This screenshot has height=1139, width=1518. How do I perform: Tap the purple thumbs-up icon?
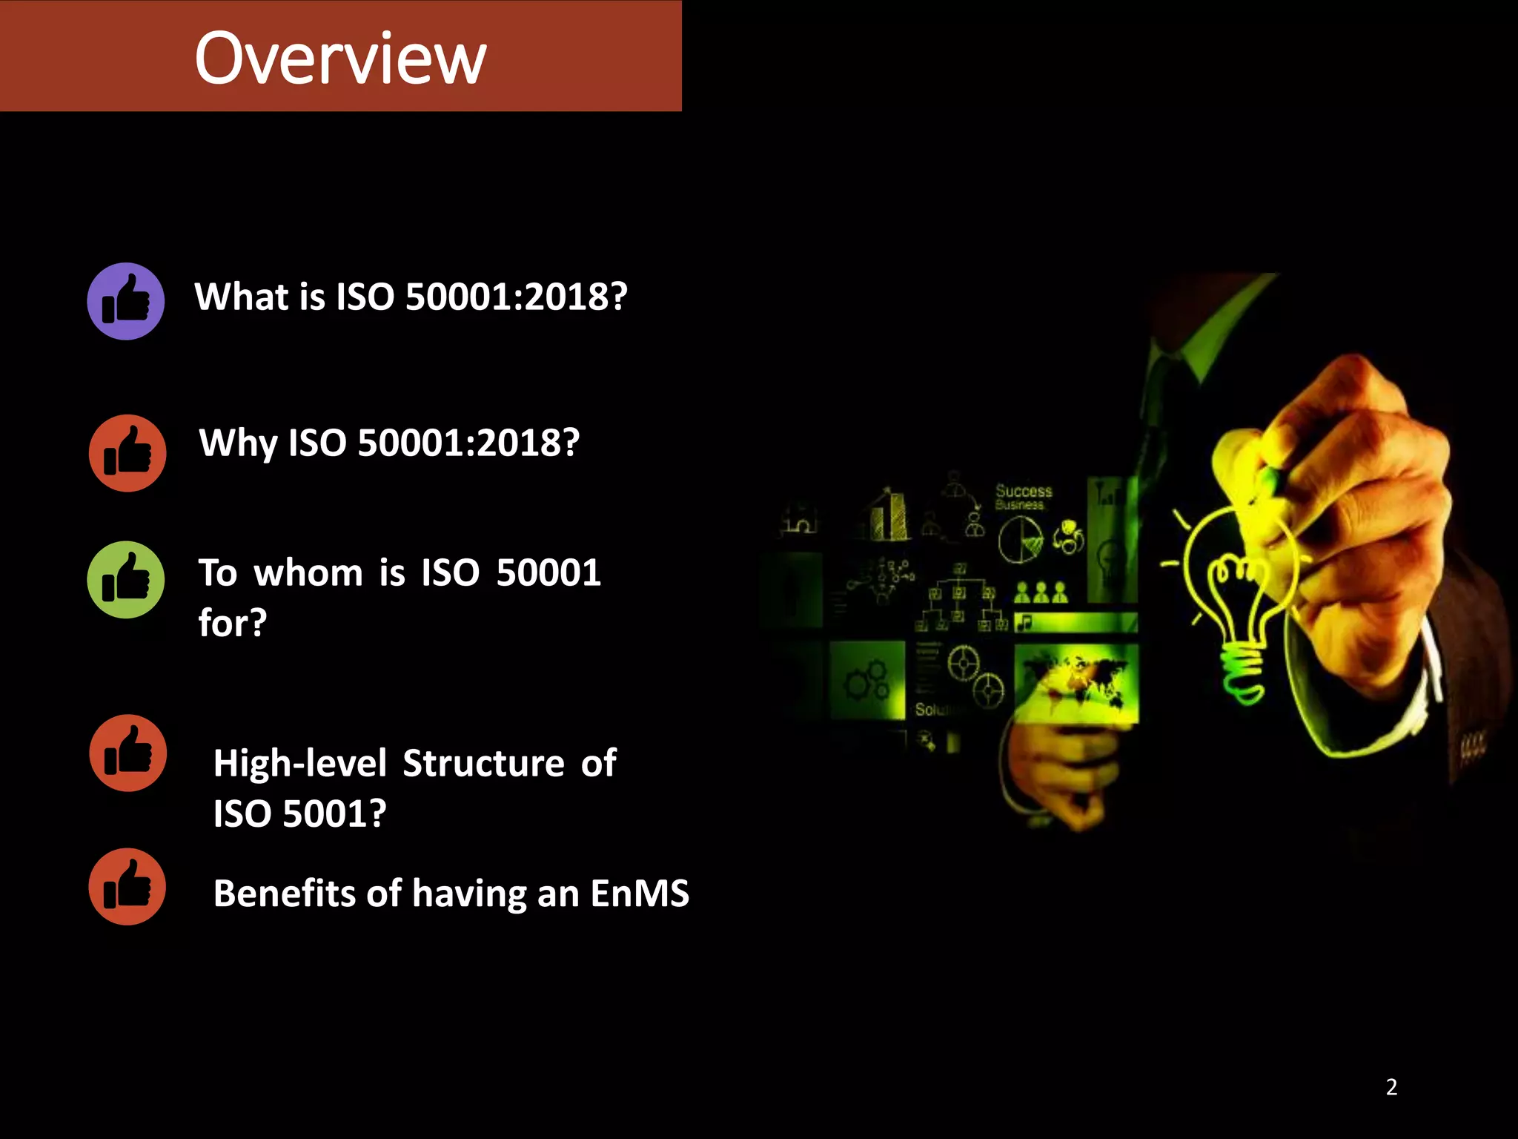126,301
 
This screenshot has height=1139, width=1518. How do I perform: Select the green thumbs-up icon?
126,580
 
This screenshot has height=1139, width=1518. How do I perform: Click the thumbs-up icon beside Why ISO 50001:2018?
127,453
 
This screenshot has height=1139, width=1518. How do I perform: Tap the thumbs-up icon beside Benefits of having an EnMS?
127,887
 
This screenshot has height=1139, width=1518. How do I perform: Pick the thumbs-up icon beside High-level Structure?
127,753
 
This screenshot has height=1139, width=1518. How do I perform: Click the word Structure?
483,763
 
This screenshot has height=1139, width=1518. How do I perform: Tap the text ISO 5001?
299,813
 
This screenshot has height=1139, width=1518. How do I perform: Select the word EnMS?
640,893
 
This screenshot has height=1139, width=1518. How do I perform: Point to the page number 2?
1391,1087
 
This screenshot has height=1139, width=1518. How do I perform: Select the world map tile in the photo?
1076,682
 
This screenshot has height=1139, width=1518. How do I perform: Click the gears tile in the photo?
867,681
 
